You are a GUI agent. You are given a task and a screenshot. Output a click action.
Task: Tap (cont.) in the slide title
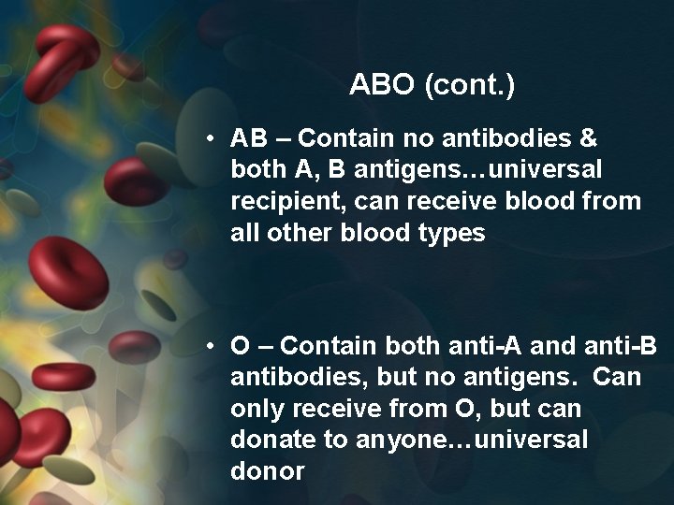[469, 86]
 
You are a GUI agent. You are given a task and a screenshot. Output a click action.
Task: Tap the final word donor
[267, 471]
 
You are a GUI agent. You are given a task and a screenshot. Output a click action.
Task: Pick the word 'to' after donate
[332, 440]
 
